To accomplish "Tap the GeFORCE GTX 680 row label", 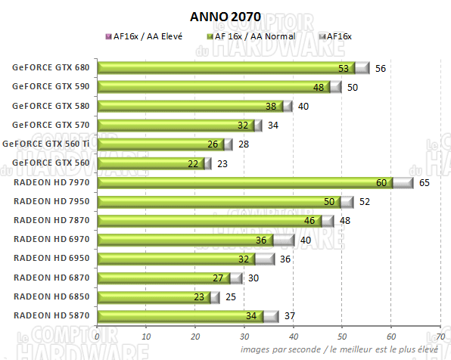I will [x=51, y=67].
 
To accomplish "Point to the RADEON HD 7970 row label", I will [x=51, y=182].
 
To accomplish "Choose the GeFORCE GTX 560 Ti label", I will [x=47, y=144].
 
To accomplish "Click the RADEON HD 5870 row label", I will [x=51, y=316].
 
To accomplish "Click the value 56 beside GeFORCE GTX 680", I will [x=381, y=68].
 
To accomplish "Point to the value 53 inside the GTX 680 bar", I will [x=344, y=68].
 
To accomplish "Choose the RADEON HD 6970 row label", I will [x=51, y=240].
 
